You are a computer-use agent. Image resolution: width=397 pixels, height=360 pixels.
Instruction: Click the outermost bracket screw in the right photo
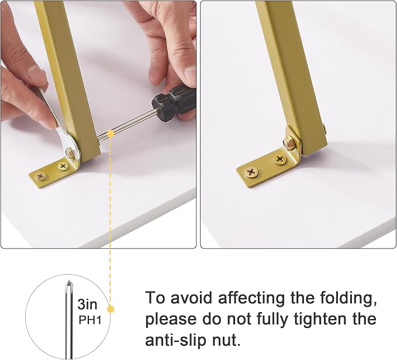click(251, 172)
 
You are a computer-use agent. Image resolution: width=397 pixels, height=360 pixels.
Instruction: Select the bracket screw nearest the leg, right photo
click(280, 159)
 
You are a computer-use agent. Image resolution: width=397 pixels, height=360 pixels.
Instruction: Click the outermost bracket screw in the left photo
click(41, 176)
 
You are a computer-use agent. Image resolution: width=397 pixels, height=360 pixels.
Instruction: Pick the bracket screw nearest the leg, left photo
click(63, 166)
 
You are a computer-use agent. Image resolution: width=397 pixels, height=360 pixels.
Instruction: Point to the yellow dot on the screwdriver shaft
click(110, 133)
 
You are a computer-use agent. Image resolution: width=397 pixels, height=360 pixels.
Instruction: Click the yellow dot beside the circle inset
click(111, 309)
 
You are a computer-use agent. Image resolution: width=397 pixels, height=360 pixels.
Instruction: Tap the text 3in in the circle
click(87, 304)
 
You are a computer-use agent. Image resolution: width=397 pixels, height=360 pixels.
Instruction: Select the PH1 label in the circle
click(90, 320)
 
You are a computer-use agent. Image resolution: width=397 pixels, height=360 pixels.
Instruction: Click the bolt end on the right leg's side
click(325, 129)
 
